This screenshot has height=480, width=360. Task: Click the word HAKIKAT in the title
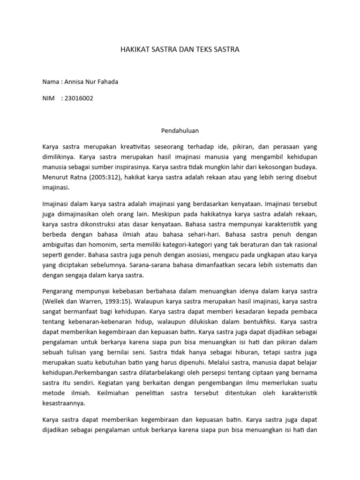(135, 49)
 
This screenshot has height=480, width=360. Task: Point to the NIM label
(49, 98)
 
